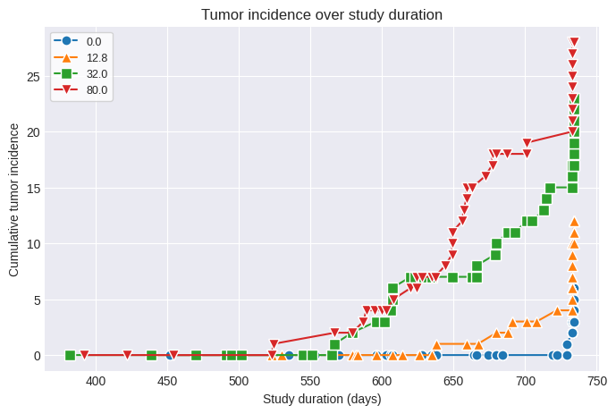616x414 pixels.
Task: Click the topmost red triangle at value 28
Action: pos(574,42)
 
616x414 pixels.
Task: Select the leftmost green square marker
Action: pos(70,355)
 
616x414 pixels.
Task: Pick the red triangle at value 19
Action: pos(527,143)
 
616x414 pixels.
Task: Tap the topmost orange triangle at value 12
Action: pos(574,221)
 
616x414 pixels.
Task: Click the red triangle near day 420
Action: pos(127,355)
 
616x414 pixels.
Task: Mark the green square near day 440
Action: pos(151,355)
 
